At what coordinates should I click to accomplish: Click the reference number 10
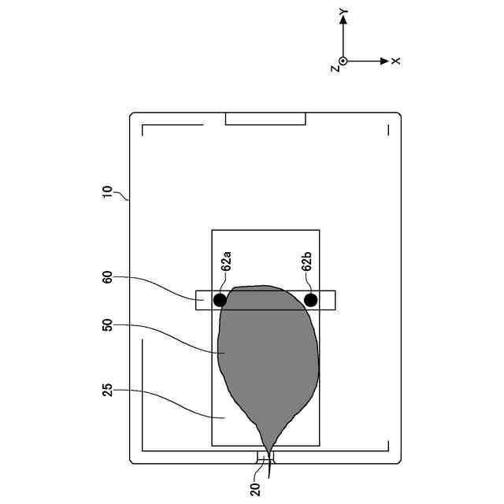[x=108, y=193]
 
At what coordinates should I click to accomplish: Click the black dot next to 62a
[x=220, y=300]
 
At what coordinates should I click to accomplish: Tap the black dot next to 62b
[x=311, y=300]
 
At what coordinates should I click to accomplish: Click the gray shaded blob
[x=268, y=354]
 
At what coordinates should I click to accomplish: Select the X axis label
[x=396, y=61]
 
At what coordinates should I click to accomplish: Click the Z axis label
[x=335, y=69]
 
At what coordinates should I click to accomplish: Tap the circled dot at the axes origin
[x=343, y=61]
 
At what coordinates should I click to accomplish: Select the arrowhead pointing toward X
[x=384, y=61]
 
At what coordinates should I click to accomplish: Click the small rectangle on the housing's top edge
[x=265, y=119]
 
